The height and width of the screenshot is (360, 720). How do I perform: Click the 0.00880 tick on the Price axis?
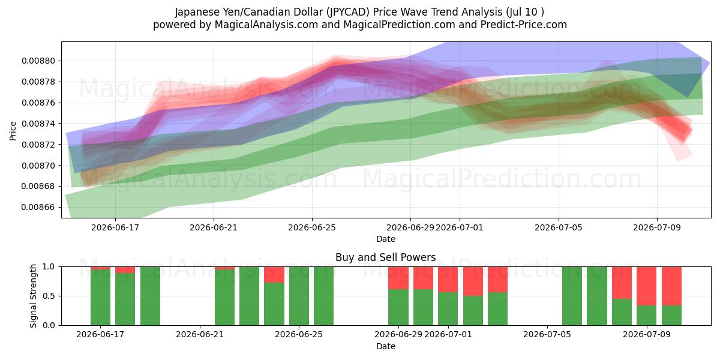[38, 61]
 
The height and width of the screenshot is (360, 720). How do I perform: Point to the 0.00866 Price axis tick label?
[38, 207]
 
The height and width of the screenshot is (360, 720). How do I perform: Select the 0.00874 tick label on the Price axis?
[38, 124]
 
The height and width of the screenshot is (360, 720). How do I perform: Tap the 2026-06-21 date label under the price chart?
[214, 227]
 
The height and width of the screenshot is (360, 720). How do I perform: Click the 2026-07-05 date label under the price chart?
[559, 227]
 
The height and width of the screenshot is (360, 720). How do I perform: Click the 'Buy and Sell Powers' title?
[385, 257]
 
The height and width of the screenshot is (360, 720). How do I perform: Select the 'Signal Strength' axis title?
[33, 296]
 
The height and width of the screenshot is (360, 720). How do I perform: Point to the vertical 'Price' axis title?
[13, 131]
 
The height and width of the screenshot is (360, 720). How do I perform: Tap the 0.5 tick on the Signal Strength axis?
[49, 296]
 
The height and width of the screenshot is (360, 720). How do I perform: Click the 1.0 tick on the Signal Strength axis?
[49, 266]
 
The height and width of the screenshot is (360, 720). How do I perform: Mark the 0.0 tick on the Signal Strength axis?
[49, 325]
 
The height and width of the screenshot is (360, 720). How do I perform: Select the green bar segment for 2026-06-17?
[100, 298]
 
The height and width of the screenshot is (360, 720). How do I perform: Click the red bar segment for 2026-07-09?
[646, 286]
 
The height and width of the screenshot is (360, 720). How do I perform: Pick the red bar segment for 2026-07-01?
[448, 280]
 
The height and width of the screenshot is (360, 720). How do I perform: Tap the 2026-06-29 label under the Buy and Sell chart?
[398, 334]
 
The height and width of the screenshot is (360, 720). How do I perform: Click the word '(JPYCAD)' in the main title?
[347, 12]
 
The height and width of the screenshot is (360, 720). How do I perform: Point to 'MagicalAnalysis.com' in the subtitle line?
[266, 25]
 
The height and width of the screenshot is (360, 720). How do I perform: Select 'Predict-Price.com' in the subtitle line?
[524, 25]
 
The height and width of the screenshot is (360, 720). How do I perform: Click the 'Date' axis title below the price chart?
[386, 239]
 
